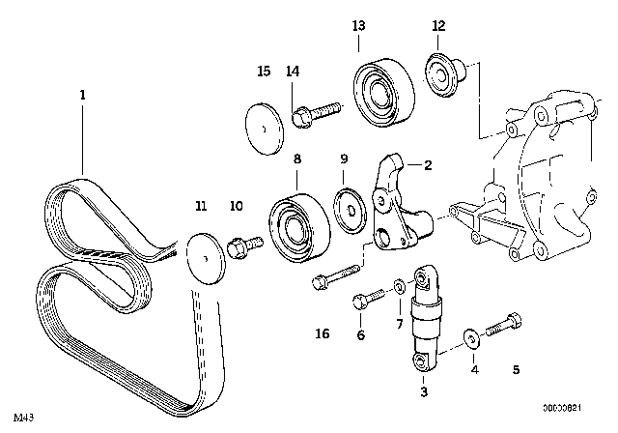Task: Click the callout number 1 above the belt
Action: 83,96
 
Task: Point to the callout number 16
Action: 323,333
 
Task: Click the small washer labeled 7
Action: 398,286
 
